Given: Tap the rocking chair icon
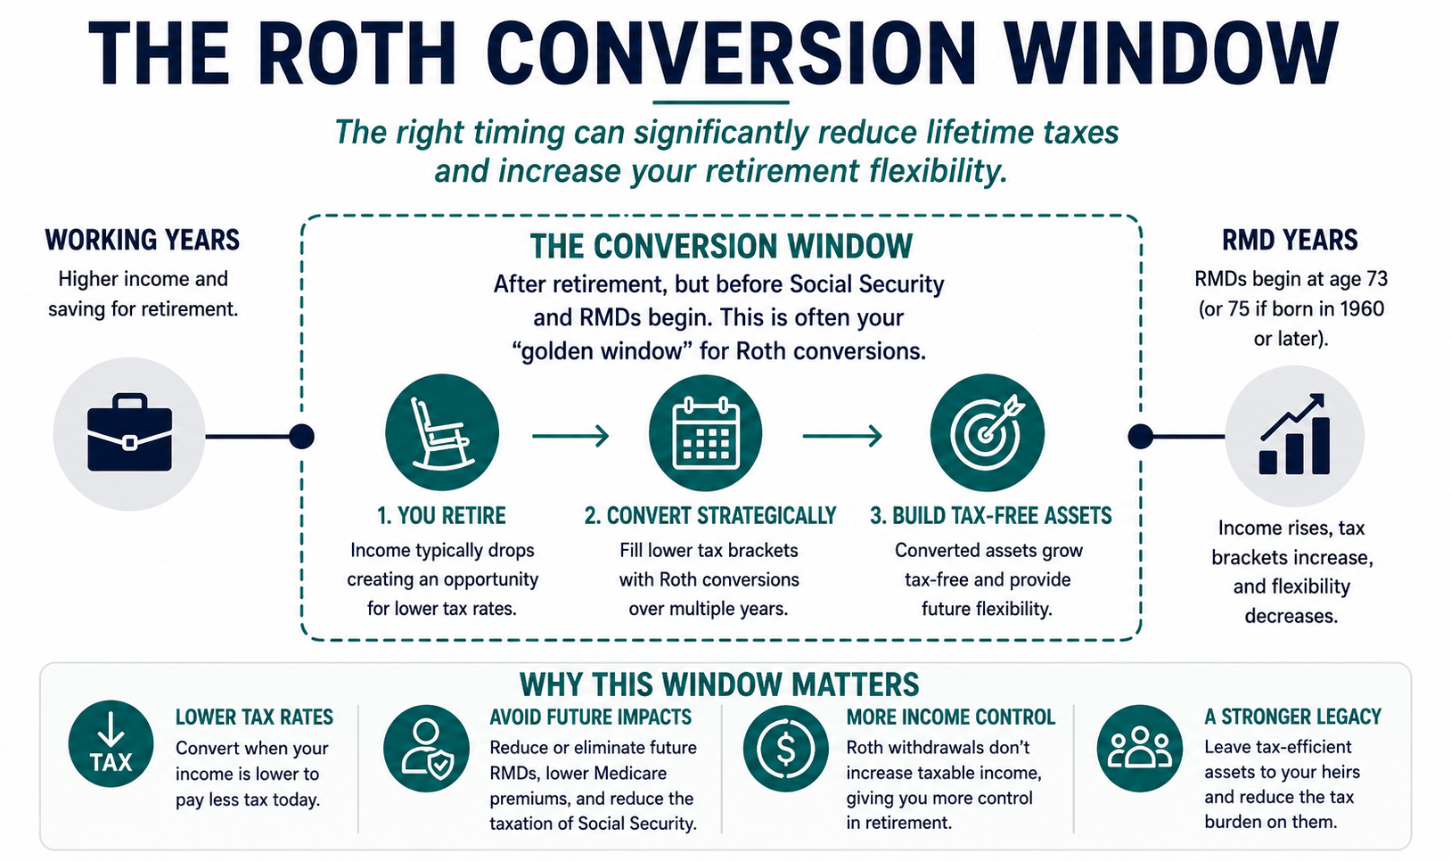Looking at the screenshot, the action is tap(442, 432).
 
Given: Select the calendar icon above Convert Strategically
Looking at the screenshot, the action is tap(705, 432).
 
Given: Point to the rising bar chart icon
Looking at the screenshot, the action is tap(1294, 434).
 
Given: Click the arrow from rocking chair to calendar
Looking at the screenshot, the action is tap(570, 436).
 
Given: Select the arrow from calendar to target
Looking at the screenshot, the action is tap(843, 436).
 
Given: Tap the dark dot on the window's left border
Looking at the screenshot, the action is tap(302, 437).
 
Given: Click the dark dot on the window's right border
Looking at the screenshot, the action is tap(1141, 437).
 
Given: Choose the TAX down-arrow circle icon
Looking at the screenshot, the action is tap(111, 743).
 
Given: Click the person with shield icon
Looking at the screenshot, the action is tap(426, 749).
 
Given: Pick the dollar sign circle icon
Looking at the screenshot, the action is tap(786, 749).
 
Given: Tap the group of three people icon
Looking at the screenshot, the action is tap(1139, 749).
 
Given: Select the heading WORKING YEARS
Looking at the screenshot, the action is tap(143, 240).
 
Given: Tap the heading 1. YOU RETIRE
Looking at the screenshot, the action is tap(442, 516).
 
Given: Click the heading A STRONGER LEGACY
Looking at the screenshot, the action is tap(1293, 717).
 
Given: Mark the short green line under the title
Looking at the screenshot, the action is tap(721, 102).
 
